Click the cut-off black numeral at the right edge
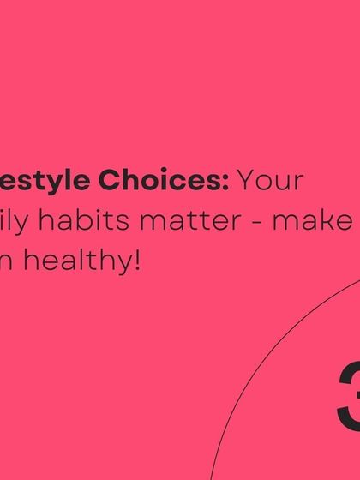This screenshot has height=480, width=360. pos(349,395)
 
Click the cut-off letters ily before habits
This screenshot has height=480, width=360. pos(10,221)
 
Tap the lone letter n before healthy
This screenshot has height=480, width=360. pos(7,261)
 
